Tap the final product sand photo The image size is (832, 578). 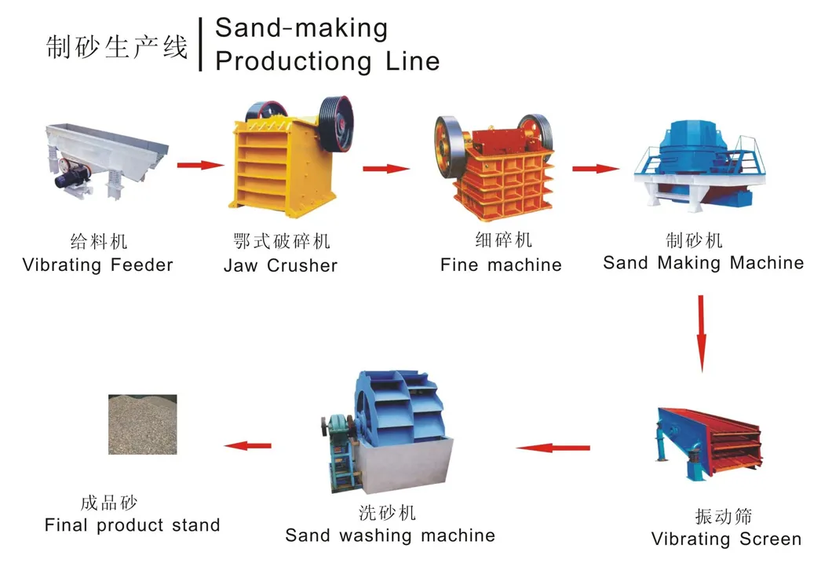coord(142,424)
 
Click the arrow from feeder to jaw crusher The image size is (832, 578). coord(200,165)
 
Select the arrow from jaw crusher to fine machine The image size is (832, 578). coord(386,168)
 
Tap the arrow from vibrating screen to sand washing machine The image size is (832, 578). coord(553,448)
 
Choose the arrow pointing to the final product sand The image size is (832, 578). coord(247,445)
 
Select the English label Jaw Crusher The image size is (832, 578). coord(280,265)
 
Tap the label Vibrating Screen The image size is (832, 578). coord(726,540)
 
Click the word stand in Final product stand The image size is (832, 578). coord(193,525)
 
